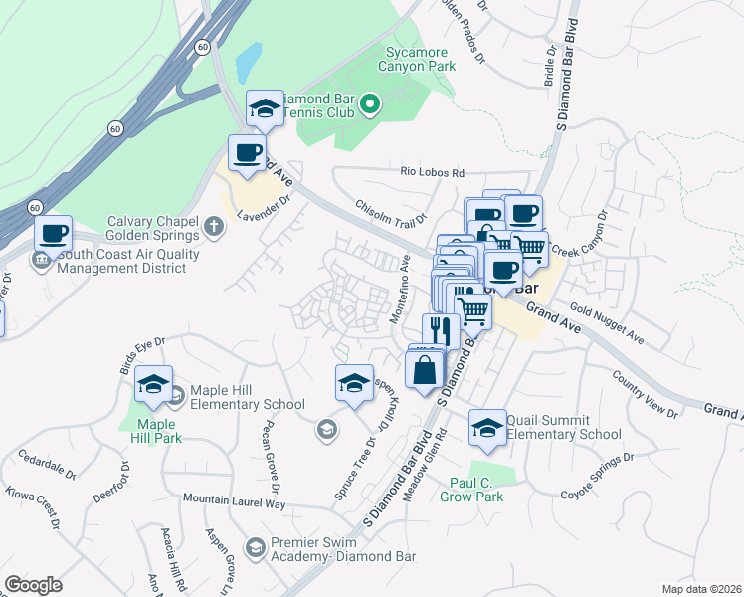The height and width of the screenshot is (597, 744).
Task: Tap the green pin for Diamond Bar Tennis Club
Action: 370,103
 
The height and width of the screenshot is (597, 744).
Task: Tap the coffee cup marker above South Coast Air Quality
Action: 54,235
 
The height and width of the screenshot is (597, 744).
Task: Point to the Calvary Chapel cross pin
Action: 212,227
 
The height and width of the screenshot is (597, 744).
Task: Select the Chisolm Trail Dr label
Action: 391,211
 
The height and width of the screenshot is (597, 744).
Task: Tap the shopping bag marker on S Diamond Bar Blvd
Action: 425,369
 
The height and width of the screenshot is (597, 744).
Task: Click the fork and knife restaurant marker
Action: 441,329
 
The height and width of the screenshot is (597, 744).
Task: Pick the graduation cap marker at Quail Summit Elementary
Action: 487,428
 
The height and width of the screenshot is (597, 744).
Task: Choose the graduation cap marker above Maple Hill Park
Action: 154,386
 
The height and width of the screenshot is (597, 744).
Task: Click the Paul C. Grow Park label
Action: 476,489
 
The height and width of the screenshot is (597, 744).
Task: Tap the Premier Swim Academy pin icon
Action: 257,547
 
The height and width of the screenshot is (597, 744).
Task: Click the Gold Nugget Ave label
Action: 608,325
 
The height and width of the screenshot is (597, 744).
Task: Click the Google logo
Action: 34,585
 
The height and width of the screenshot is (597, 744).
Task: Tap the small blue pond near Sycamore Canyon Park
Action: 248,63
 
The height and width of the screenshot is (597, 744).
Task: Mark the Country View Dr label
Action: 645,394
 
